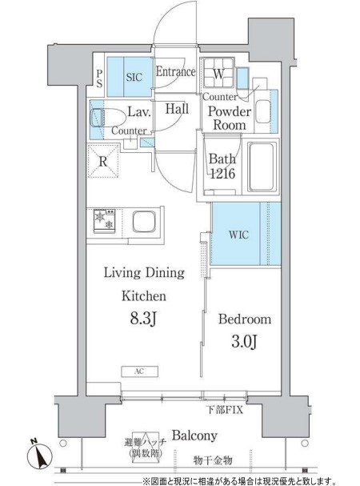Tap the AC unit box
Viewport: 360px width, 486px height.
[139, 372]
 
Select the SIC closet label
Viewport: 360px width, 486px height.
[134, 77]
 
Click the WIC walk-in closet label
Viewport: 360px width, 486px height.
[238, 235]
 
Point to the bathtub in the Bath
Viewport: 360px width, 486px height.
[262, 167]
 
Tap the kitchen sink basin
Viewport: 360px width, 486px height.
[144, 221]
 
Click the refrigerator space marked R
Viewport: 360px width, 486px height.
[103, 161]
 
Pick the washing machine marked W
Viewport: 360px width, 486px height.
[218, 73]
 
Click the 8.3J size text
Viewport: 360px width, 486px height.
[144, 319]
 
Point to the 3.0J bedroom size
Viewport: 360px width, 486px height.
[243, 342]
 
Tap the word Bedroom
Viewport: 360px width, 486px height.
[245, 319]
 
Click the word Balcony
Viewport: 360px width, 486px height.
[194, 436]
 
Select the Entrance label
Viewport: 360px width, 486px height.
[175, 72]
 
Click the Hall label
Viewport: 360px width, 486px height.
[177, 109]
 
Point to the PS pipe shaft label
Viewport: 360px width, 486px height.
[99, 78]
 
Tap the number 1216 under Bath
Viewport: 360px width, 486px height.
[222, 174]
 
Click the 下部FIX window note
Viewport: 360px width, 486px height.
[225, 410]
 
